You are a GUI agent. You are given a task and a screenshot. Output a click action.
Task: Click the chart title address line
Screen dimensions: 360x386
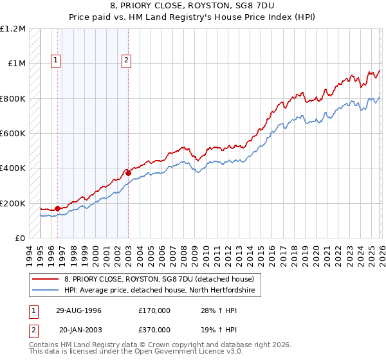pyautogui.click(x=192, y=5)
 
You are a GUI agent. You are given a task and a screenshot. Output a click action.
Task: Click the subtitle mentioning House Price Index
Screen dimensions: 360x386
pyautogui.click(x=192, y=15)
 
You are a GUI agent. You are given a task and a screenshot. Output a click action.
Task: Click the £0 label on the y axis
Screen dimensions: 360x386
pyautogui.click(x=21, y=238)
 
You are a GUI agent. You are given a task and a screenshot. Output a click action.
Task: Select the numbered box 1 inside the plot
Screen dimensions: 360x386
pyautogui.click(x=56, y=61)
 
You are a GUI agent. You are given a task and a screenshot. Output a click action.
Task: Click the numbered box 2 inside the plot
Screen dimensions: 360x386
pyautogui.click(x=126, y=61)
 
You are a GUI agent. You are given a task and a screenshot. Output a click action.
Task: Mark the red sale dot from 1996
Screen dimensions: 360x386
pyautogui.click(x=58, y=208)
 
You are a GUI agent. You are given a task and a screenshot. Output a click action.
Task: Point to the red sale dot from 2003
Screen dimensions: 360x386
pyautogui.click(x=128, y=173)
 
